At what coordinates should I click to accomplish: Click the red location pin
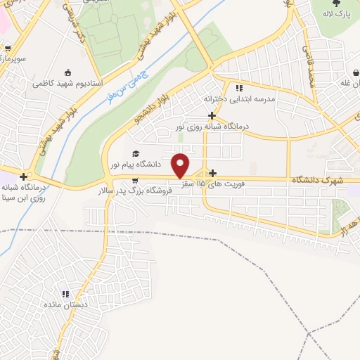[x=181, y=165]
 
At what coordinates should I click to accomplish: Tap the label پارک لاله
[x=336, y=14]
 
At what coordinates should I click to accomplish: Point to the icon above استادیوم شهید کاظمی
[x=67, y=72]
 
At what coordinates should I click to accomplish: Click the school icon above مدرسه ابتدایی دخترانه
[x=239, y=88]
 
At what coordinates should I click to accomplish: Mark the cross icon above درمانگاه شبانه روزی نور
[x=211, y=115]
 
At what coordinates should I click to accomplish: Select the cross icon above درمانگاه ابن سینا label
[x=25, y=176]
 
